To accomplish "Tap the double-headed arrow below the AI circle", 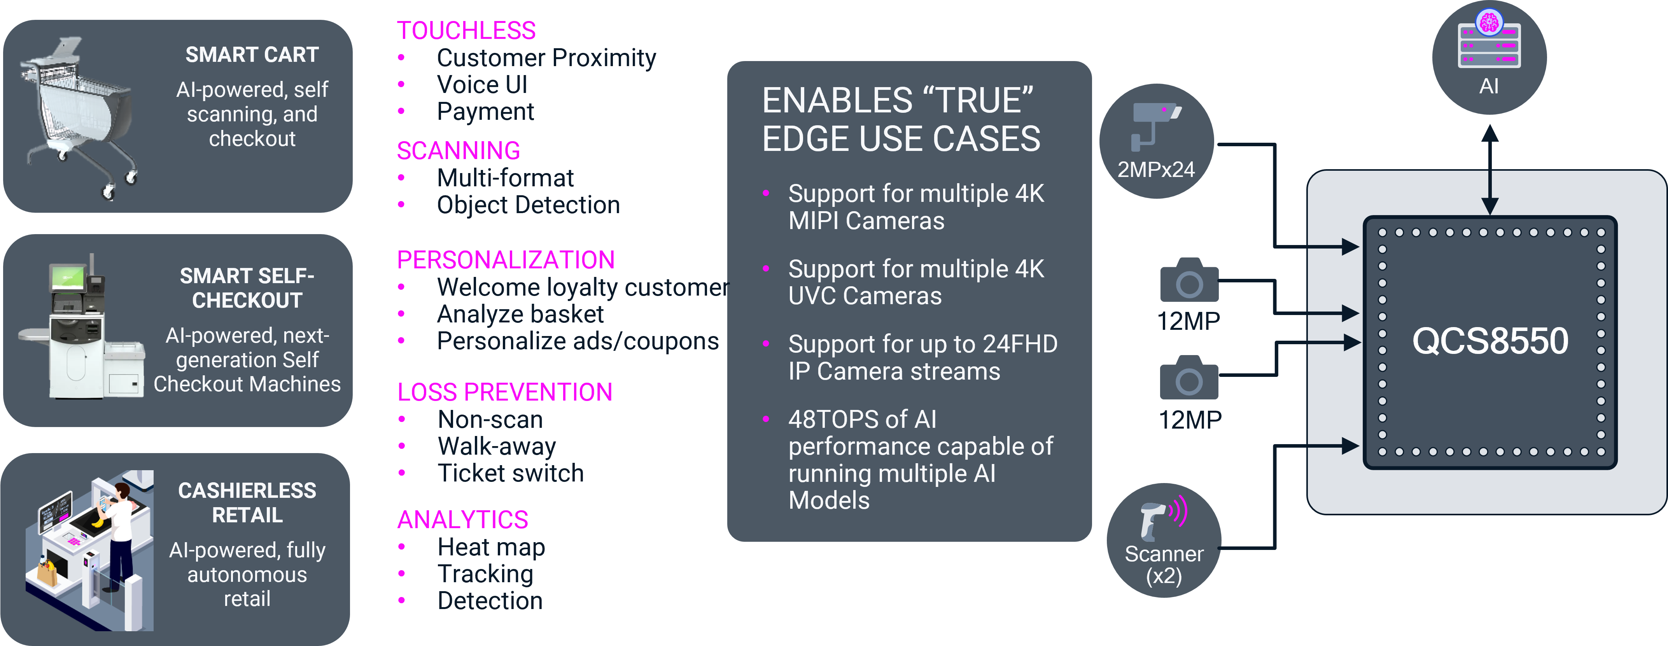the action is pos(1490,170).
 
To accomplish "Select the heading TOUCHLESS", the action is pos(466,30).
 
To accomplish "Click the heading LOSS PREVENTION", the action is pos(505,392).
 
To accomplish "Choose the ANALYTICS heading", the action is pos(463,520).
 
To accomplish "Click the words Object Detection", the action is pos(529,205).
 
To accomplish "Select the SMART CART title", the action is pos(252,55).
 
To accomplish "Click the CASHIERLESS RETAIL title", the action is pos(247,503).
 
